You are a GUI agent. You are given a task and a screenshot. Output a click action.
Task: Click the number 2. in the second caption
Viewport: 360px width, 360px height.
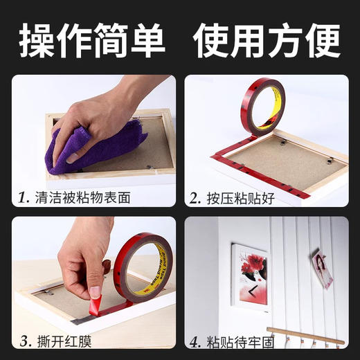coord(195,198)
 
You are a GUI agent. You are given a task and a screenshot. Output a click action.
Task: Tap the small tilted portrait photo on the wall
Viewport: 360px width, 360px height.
coord(321,269)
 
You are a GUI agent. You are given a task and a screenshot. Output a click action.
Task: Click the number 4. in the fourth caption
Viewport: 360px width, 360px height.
coord(195,341)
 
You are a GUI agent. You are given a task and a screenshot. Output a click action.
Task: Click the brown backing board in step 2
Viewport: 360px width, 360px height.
coord(291,163)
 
